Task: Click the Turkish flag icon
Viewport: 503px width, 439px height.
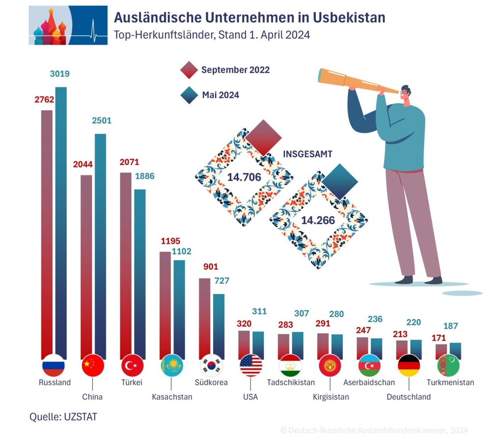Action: coord(132,365)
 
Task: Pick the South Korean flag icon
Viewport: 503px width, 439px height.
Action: coord(212,365)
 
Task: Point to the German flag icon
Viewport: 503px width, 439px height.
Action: coord(409,365)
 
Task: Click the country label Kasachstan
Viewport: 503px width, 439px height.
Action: coord(172,397)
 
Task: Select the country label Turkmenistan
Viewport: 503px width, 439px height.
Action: coord(450,382)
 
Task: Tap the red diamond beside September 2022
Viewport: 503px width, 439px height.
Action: coord(189,70)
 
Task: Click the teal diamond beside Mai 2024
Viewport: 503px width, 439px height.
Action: coord(189,95)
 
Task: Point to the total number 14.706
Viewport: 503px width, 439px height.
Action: coord(244,177)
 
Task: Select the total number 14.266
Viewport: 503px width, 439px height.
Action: coord(318,220)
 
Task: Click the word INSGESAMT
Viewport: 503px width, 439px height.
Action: coord(307,154)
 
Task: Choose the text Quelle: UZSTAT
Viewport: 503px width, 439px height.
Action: coord(63,417)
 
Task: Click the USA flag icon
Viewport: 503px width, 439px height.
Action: coord(251,365)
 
